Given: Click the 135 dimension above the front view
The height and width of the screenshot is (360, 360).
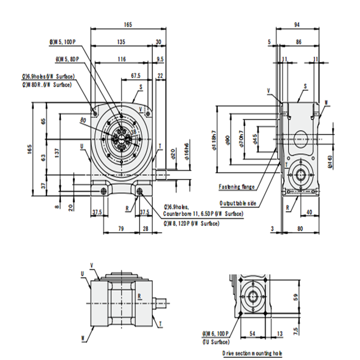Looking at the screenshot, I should click(120, 42).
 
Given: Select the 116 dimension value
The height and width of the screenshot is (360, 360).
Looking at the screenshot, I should click(121, 59).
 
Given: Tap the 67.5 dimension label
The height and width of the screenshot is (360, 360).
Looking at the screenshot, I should click(135, 75).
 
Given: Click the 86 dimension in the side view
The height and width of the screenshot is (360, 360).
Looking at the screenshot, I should click(299, 42).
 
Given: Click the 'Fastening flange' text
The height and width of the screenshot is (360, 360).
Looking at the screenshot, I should click(236, 187).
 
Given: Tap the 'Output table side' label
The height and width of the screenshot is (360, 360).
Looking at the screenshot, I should click(238, 203).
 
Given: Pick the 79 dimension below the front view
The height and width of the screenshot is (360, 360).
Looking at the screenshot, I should click(120, 228).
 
